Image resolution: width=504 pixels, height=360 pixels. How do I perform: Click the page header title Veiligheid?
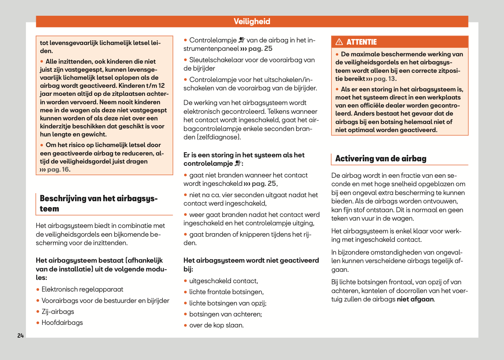point(252,22)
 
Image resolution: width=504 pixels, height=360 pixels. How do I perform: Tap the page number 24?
point(20,335)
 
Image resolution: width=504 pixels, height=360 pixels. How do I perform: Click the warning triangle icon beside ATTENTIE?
point(339,42)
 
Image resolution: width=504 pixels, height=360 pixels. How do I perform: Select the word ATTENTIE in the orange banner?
point(362,42)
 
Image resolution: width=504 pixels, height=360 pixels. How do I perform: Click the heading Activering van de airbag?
point(381,158)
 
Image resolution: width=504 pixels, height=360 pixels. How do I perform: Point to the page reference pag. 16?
point(59,169)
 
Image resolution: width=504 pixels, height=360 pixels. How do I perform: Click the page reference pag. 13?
point(385,79)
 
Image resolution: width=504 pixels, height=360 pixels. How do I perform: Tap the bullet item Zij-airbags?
point(58,312)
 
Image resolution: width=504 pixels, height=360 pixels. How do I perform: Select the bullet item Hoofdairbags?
point(62,323)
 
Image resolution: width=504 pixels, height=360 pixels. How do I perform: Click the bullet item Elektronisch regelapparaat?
point(82,289)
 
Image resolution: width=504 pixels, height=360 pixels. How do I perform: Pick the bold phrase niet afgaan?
point(415,299)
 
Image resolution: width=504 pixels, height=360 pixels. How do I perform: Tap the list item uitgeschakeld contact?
point(223,281)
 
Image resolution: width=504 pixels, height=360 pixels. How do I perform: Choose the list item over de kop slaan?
point(216,325)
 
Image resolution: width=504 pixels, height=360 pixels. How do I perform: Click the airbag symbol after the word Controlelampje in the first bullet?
point(242,40)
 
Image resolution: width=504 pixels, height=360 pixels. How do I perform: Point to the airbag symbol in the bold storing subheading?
point(238,164)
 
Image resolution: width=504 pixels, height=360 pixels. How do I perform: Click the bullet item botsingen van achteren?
point(225,314)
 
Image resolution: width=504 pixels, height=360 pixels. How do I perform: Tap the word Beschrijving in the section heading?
point(63,199)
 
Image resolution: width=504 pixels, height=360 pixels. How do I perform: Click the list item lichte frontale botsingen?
point(226,292)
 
